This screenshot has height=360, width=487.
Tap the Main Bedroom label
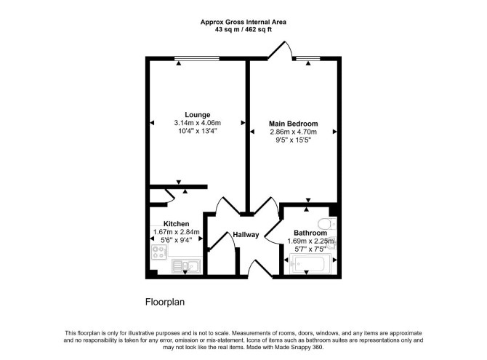click(293, 124)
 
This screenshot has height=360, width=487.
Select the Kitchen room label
click(176, 223)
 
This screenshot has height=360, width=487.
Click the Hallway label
click(246, 235)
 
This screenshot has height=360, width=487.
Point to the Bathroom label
click(310, 233)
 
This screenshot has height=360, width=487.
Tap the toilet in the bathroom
click(327, 223)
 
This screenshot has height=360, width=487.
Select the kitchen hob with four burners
click(158, 252)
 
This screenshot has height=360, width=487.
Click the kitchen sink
click(186, 266)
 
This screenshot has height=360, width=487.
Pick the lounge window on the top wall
click(197, 58)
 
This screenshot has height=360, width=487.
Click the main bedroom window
click(307, 58)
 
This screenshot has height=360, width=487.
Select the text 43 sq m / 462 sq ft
click(243, 30)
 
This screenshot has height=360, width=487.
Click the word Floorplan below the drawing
click(165, 302)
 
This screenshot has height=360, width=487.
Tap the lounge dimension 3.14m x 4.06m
click(198, 123)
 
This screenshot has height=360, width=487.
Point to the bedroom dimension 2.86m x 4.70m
click(293, 132)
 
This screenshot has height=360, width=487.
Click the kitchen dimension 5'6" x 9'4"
click(176, 240)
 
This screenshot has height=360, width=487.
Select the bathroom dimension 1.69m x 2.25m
click(310, 241)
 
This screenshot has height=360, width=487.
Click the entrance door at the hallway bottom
click(260, 269)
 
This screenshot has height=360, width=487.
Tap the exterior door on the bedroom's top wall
click(280, 50)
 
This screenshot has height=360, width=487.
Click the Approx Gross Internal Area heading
click(243, 22)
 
